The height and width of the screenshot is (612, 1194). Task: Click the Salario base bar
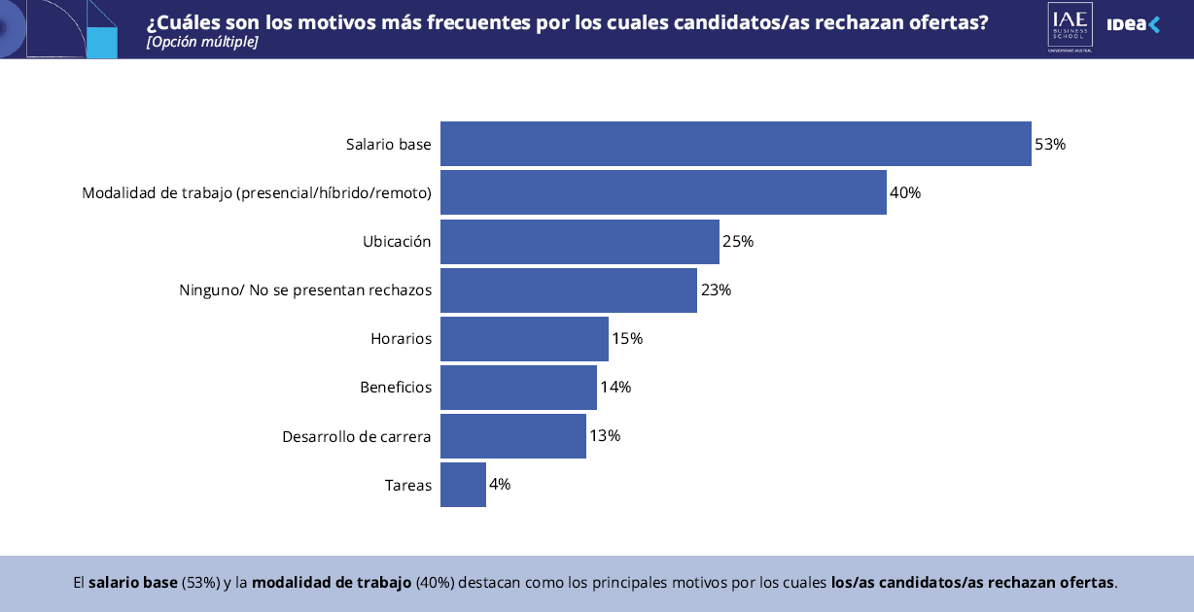point(735,144)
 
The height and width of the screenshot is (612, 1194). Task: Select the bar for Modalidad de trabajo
point(663,192)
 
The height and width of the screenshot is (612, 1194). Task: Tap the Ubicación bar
point(579,241)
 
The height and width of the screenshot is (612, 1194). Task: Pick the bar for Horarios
point(524,338)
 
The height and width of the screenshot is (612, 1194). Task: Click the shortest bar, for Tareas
point(463,484)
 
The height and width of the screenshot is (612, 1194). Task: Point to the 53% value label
point(1050,144)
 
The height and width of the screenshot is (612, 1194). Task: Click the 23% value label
point(716,289)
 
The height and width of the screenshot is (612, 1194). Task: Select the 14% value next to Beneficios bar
point(615,387)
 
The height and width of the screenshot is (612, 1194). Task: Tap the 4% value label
point(500,484)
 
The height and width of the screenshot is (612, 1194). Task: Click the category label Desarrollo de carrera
point(357,436)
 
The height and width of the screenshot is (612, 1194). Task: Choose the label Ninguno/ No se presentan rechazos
point(305,289)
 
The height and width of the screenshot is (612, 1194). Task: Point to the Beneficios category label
point(396,387)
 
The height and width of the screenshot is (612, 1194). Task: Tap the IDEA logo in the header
point(1134,25)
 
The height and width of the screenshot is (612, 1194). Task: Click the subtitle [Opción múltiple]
point(202,43)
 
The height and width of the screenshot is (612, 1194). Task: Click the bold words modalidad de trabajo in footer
point(332,583)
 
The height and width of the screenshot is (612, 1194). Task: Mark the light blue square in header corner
point(102,42)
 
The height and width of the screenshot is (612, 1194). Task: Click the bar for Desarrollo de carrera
point(513,435)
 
